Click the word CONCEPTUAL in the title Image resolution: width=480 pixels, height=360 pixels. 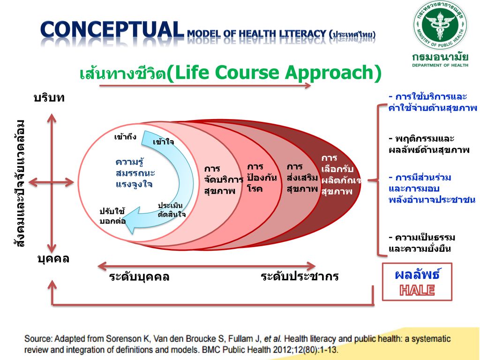[x=112, y=30]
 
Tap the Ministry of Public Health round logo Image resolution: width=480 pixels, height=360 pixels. [x=440, y=25]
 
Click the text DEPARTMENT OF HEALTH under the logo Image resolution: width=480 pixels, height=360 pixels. [x=440, y=65]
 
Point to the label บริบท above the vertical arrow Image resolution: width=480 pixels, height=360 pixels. [x=49, y=98]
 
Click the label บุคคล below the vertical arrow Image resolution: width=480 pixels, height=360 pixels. [x=53, y=259]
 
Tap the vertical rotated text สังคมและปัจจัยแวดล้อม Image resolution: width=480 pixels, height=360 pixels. [x=19, y=183]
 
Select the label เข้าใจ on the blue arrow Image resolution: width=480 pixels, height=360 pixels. [x=163, y=142]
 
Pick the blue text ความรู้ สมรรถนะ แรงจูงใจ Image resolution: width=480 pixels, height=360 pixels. [x=135, y=173]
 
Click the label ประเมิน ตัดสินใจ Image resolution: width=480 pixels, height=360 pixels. [x=172, y=210]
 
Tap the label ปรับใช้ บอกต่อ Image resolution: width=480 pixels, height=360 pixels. [x=112, y=216]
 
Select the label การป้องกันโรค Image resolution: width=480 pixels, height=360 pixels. [x=262, y=178]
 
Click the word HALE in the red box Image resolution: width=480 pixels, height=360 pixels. [x=417, y=290]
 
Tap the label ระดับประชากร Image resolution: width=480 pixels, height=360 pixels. [x=300, y=277]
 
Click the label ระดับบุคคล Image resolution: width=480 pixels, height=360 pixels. [x=139, y=277]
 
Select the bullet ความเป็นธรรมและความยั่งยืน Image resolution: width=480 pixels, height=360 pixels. [x=422, y=243]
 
